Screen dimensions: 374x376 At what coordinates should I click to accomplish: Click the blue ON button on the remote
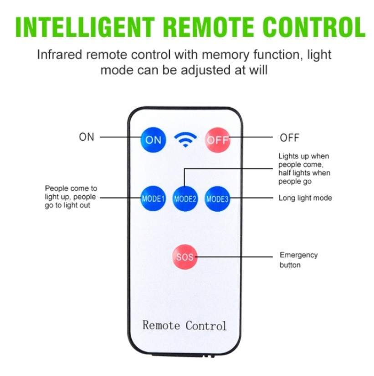pos(153,140)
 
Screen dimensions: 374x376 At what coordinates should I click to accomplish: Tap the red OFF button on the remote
pos(217,140)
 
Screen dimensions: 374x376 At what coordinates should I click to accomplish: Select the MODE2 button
pos(185,198)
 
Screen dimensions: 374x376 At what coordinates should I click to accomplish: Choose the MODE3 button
pos(217,198)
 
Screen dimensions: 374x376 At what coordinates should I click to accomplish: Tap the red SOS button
pos(185,257)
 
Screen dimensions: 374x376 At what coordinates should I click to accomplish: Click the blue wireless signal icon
pos(185,140)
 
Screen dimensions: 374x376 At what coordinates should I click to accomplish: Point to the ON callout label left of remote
pos(87,137)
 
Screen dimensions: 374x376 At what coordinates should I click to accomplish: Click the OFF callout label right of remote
pos(289,138)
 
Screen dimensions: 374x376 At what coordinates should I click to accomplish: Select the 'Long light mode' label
pos(305,198)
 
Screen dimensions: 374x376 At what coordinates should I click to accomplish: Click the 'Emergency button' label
pos(299,260)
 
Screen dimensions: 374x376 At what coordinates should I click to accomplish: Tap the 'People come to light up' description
pos(71,197)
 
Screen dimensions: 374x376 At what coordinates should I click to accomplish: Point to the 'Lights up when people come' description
pos(304,169)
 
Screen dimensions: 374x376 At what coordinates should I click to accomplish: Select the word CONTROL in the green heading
pos(314,27)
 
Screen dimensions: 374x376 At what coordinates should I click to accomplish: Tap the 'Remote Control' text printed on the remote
pos(184,326)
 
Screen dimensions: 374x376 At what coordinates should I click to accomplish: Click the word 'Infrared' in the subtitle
pos(59,54)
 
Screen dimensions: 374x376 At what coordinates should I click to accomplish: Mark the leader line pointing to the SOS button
pos(234,257)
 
